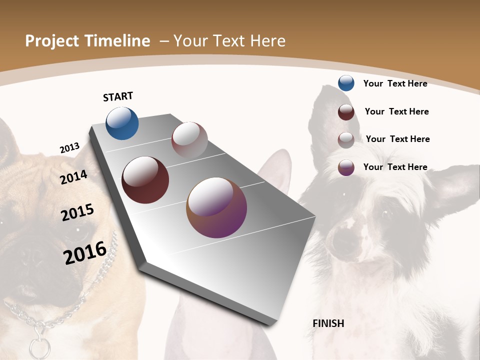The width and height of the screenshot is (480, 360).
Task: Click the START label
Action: pyautogui.click(x=118, y=96)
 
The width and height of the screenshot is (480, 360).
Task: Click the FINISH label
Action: pyautogui.click(x=328, y=323)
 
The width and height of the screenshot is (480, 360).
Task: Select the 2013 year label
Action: pyautogui.click(x=70, y=148)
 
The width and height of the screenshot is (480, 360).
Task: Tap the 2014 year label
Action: pyautogui.click(x=74, y=177)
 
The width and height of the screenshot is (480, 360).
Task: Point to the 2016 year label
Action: pyautogui.click(x=85, y=252)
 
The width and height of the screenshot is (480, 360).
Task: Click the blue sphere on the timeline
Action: pyautogui.click(x=122, y=123)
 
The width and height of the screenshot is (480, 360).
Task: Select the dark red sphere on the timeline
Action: pyautogui.click(x=145, y=180)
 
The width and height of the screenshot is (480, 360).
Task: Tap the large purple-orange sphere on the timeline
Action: pyautogui.click(x=216, y=207)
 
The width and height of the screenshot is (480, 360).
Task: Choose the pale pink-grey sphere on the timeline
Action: pyautogui.click(x=189, y=140)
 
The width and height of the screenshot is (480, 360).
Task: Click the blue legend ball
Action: pyautogui.click(x=346, y=83)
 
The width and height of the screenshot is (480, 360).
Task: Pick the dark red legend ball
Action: pyautogui.click(x=346, y=112)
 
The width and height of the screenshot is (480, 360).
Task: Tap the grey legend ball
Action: pyautogui.click(x=346, y=140)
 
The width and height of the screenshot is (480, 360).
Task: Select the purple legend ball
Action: pyautogui.click(x=346, y=167)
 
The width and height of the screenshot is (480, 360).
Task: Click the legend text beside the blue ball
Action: pyautogui.click(x=395, y=83)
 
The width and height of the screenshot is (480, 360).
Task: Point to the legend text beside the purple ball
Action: pyautogui.click(x=395, y=167)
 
